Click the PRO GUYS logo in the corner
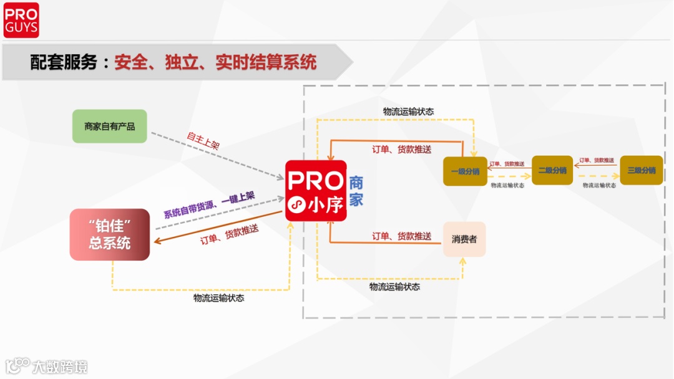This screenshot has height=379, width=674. click(21, 20)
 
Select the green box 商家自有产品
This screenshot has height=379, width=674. click(109, 126)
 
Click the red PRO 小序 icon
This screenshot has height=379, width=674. click(316, 191)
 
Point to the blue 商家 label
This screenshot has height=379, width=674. click(356, 191)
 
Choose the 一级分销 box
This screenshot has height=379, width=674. click(464, 171)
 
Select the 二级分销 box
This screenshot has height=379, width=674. click(552, 170)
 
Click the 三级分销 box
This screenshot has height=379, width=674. click(642, 170)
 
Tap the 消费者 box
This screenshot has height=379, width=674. click(464, 239)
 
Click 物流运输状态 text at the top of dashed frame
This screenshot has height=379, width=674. click(408, 112)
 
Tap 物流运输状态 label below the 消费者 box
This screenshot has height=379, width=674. click(394, 287)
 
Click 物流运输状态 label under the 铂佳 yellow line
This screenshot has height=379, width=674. click(218, 298)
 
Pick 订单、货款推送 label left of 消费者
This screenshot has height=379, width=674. click(402, 236)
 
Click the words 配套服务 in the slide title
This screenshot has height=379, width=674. click(64, 62)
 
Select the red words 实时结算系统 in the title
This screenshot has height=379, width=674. click(266, 62)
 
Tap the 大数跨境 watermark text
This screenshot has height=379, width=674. click(60, 367)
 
